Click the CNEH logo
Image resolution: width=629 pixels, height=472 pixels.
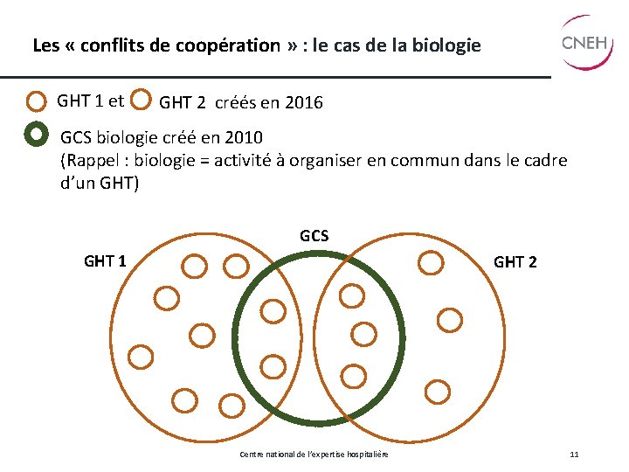tap(586, 41)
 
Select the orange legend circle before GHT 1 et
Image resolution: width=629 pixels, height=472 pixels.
tap(36, 101)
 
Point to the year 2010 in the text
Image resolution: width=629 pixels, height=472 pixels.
tap(242, 139)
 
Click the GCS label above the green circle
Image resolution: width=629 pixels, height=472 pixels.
tap(314, 236)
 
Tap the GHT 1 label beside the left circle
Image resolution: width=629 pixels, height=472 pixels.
tap(105, 260)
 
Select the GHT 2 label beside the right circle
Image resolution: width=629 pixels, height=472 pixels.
tap(515, 262)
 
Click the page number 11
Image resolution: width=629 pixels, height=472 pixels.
tap(574, 455)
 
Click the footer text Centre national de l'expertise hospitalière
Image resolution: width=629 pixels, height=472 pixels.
tap(314, 455)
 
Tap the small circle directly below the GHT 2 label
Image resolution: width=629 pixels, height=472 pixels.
tap(449, 320)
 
